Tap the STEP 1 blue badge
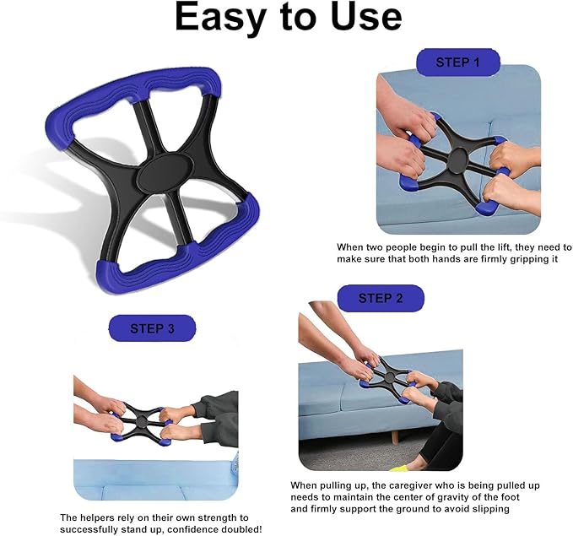(x=457, y=62)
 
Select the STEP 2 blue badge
(x=380, y=298)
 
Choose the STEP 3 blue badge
(x=152, y=328)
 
